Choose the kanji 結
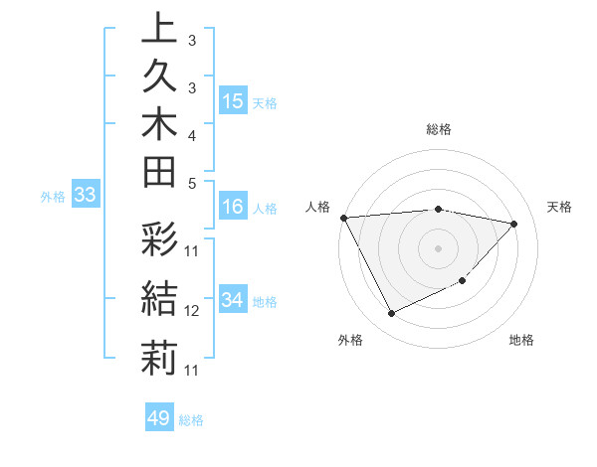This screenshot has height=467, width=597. (x=159, y=299)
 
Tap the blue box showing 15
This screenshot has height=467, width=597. (x=233, y=101)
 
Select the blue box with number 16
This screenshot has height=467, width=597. (x=233, y=208)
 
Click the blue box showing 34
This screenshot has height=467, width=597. (x=233, y=301)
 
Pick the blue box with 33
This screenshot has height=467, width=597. (x=86, y=196)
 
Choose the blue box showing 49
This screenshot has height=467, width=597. (x=159, y=418)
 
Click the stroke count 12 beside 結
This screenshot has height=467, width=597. (x=192, y=311)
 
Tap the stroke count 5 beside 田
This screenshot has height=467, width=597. (x=191, y=184)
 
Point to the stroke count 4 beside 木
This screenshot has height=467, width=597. (x=191, y=134)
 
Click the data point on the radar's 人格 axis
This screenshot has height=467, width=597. (x=343, y=218)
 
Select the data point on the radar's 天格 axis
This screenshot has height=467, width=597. (x=514, y=224)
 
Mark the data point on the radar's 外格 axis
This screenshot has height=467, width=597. (x=391, y=314)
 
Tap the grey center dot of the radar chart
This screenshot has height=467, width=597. (x=438, y=248)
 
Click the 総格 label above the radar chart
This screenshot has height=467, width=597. (x=439, y=130)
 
